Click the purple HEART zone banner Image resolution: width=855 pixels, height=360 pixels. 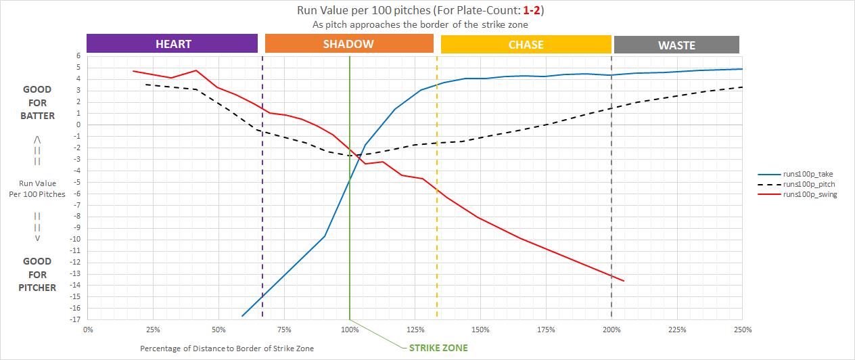click(172, 44)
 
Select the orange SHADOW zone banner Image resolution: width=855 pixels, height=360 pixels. click(349, 44)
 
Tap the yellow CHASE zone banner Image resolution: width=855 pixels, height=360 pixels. click(526, 45)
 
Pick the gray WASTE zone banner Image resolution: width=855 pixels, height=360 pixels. click(676, 45)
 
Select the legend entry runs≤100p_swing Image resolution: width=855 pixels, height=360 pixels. click(810, 195)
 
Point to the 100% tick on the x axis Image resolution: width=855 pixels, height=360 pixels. click(350, 330)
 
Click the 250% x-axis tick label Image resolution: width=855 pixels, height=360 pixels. click(742, 330)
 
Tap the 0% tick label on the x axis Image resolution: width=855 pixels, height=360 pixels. click(88, 330)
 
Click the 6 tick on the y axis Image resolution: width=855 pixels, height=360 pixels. click(79, 56)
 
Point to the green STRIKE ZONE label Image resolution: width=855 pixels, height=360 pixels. click(438, 348)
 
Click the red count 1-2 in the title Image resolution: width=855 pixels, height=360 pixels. click(531, 11)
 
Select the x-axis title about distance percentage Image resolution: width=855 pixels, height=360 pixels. click(227, 348)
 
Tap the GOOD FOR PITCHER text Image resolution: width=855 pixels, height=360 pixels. click(38, 274)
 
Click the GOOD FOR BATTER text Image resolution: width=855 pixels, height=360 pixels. click(38, 102)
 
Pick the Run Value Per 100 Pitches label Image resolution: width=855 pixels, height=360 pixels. click(38, 189)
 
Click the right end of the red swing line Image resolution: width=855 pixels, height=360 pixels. click(623, 281)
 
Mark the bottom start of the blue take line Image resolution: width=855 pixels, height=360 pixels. click(242, 316)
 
